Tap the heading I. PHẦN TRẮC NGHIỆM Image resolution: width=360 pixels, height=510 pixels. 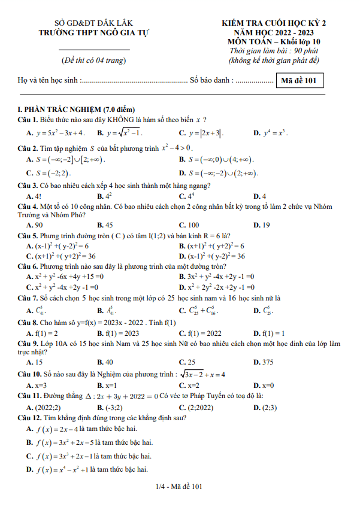77,109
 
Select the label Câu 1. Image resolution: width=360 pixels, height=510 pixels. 28,119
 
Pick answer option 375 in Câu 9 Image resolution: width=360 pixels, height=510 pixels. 267,362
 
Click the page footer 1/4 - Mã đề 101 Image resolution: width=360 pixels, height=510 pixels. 179,487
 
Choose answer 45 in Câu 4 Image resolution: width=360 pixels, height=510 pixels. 109,224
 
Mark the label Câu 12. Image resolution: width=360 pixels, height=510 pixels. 30,417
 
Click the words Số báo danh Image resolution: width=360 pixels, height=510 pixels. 211,80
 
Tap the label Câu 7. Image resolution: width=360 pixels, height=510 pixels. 28,297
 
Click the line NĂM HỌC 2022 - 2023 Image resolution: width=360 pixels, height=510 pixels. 273,32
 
